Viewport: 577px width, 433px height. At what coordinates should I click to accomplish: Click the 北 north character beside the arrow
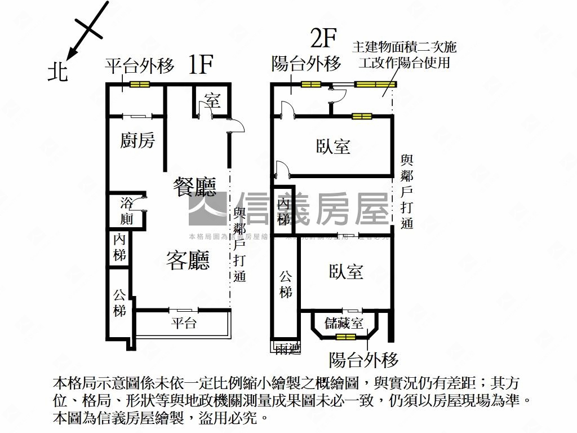coord(57,72)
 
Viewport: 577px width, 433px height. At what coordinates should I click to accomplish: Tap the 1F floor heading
coord(200,65)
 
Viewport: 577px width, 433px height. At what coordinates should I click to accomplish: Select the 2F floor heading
coord(323,39)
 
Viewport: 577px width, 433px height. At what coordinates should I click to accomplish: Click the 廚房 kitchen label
coord(137,140)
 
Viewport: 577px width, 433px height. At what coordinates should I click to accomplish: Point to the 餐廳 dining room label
coord(194,187)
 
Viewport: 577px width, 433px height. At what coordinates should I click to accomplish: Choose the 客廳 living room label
coord(188,260)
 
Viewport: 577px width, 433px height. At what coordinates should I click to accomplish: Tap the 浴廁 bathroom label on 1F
coord(127,211)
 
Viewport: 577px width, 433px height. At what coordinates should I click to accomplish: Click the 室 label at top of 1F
coord(212,101)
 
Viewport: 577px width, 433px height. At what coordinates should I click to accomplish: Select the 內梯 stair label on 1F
coord(119,248)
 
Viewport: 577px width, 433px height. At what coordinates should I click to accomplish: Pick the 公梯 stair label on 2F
coord(286,285)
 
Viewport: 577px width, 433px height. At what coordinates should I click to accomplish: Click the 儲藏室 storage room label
coord(344,323)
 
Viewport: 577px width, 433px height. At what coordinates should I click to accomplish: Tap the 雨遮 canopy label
coord(287,349)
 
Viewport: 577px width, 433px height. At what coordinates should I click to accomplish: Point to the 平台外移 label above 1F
coord(139,66)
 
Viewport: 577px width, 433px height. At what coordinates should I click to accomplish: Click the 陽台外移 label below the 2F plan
coord(363,360)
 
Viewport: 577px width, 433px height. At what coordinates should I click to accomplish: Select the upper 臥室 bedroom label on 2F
coord(332,147)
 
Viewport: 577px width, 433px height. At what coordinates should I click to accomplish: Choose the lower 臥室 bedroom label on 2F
coord(346,272)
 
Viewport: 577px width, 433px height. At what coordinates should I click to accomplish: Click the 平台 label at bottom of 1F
coord(184,323)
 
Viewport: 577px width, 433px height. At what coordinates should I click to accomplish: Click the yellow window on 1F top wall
coord(139,85)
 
